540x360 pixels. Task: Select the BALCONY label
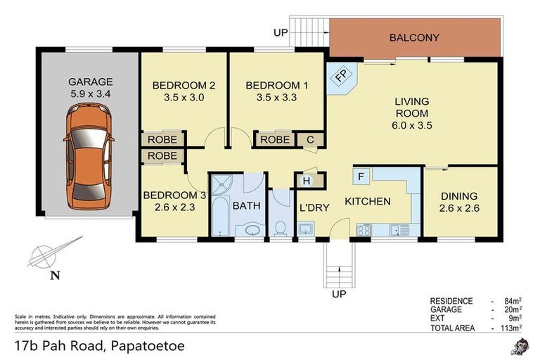(415, 38)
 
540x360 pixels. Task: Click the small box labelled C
(309, 140)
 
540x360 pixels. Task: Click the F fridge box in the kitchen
(360, 176)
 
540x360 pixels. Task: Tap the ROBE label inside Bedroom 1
(274, 140)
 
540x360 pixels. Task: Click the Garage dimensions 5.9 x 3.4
(91, 93)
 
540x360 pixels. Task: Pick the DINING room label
(459, 196)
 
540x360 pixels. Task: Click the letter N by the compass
(53, 276)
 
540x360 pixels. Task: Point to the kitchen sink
(397, 229)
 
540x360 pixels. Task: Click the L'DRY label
(311, 209)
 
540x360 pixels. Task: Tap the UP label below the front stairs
(340, 294)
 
